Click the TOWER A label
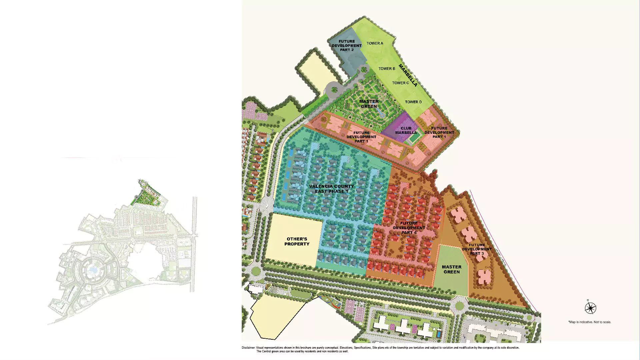[375, 43]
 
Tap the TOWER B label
[387, 69]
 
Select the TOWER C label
[400, 83]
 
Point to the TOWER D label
[413, 102]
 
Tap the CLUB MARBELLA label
[406, 130]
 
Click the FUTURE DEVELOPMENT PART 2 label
[347, 46]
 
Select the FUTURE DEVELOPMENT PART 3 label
[477, 249]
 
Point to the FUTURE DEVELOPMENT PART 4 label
[409, 228]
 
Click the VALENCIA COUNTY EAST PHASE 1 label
[331, 189]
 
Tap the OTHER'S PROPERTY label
[297, 241]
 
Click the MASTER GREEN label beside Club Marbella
[369, 104]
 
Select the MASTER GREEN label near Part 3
[452, 269]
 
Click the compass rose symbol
[590, 308]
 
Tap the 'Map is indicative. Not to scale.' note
[590, 322]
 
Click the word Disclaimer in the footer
[248, 348]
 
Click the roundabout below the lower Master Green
[459, 305]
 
